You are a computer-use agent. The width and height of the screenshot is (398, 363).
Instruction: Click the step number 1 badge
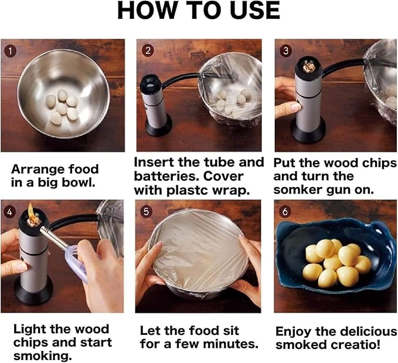click(x=10, y=51)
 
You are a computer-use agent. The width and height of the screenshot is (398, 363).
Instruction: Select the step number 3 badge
click(x=285, y=51)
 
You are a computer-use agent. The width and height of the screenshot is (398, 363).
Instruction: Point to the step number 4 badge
click(x=9, y=212)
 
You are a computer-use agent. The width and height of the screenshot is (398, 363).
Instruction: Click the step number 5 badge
click(x=146, y=212)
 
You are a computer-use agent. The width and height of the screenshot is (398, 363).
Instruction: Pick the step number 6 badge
click(x=285, y=212)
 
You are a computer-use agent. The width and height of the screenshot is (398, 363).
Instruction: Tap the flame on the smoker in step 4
click(x=31, y=210)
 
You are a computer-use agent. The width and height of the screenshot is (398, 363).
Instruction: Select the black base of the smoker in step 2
click(x=158, y=125)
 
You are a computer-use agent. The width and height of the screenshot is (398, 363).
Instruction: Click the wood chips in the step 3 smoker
click(x=309, y=67)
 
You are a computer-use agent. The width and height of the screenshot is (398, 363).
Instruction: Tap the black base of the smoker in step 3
click(x=308, y=131)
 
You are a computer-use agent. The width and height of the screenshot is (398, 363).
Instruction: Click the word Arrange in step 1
click(x=34, y=170)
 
